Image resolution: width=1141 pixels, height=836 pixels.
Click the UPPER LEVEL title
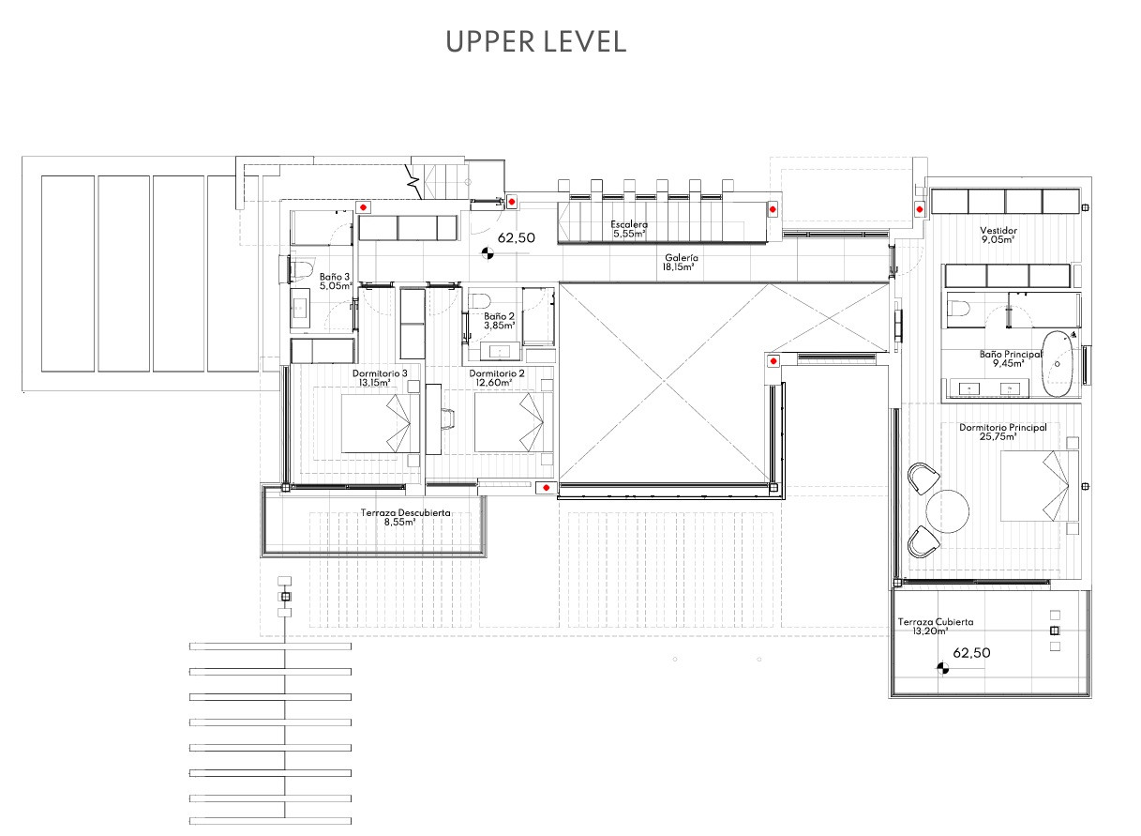[536, 42]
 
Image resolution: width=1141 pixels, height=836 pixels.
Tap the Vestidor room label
[998, 231]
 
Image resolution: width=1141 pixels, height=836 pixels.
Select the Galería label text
[682, 258]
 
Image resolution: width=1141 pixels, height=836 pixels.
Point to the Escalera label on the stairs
[629, 224]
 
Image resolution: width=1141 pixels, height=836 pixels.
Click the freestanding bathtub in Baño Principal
[1057, 364]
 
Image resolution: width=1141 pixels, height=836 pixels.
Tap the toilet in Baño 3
[301, 269]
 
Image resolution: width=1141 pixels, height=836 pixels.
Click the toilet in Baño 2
[479, 300]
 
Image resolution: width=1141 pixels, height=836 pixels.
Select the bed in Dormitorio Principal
[1039, 486]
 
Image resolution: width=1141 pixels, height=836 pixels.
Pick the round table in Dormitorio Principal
[948, 511]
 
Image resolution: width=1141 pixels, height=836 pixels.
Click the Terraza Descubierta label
[405, 513]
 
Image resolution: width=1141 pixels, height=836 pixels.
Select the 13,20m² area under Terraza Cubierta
[930, 631]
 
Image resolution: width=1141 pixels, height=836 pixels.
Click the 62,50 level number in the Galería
[516, 237]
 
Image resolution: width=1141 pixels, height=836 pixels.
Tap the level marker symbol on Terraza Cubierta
[942, 668]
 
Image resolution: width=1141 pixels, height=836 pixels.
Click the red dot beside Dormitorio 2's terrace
[546, 488]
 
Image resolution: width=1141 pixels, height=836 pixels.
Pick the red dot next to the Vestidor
[920, 209]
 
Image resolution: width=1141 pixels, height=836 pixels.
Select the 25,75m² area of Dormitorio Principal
[998, 437]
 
